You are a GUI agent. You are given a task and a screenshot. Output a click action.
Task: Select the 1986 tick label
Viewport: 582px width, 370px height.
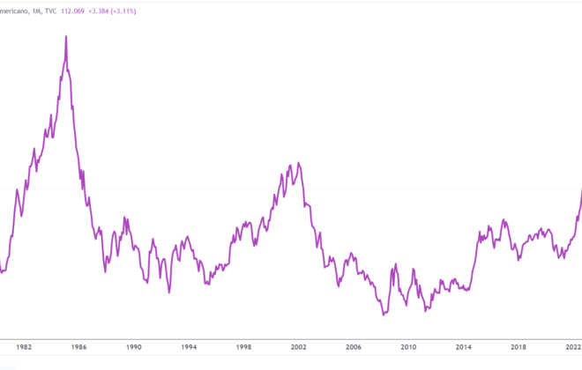point(81,348)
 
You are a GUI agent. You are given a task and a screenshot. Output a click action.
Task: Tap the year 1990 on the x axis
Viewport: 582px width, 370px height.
point(134,348)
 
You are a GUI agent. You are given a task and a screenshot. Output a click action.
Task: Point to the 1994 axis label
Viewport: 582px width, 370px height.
point(189,348)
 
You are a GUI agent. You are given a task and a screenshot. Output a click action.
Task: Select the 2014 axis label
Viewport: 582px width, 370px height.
point(463,348)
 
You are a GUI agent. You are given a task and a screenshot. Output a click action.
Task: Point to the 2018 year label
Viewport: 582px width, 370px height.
point(519,348)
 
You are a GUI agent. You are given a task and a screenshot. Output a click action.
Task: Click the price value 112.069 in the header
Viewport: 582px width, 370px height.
point(72,11)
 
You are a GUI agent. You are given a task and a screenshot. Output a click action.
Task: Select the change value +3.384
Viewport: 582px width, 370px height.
point(103,11)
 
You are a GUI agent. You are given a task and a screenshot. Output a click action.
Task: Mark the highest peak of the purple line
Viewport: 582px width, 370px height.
point(67,36)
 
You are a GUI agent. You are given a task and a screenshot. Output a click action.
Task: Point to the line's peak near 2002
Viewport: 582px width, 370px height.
point(299,163)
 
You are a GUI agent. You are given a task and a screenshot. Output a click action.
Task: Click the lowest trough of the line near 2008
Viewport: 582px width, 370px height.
point(384,314)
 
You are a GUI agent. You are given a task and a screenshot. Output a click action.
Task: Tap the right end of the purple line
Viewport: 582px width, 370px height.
point(581,189)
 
